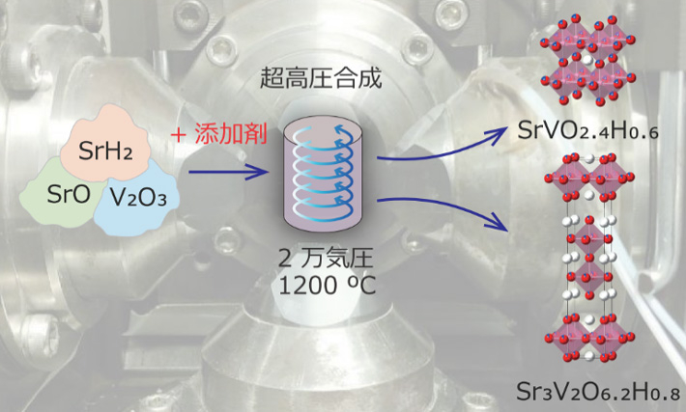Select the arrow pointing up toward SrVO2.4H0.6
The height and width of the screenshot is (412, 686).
[x=435, y=145]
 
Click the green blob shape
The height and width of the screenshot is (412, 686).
[x=53, y=198]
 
